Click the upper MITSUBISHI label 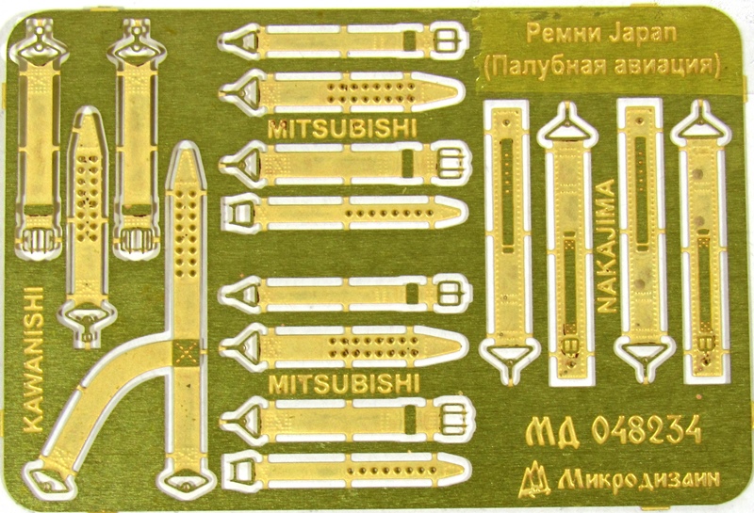coord(342,129)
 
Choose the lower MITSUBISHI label coord(343,384)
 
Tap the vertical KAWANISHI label coord(34,360)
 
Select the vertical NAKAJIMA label coord(607,247)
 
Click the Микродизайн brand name coord(640,477)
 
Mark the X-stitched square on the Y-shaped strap coord(185,351)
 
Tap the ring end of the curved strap coord(48,479)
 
